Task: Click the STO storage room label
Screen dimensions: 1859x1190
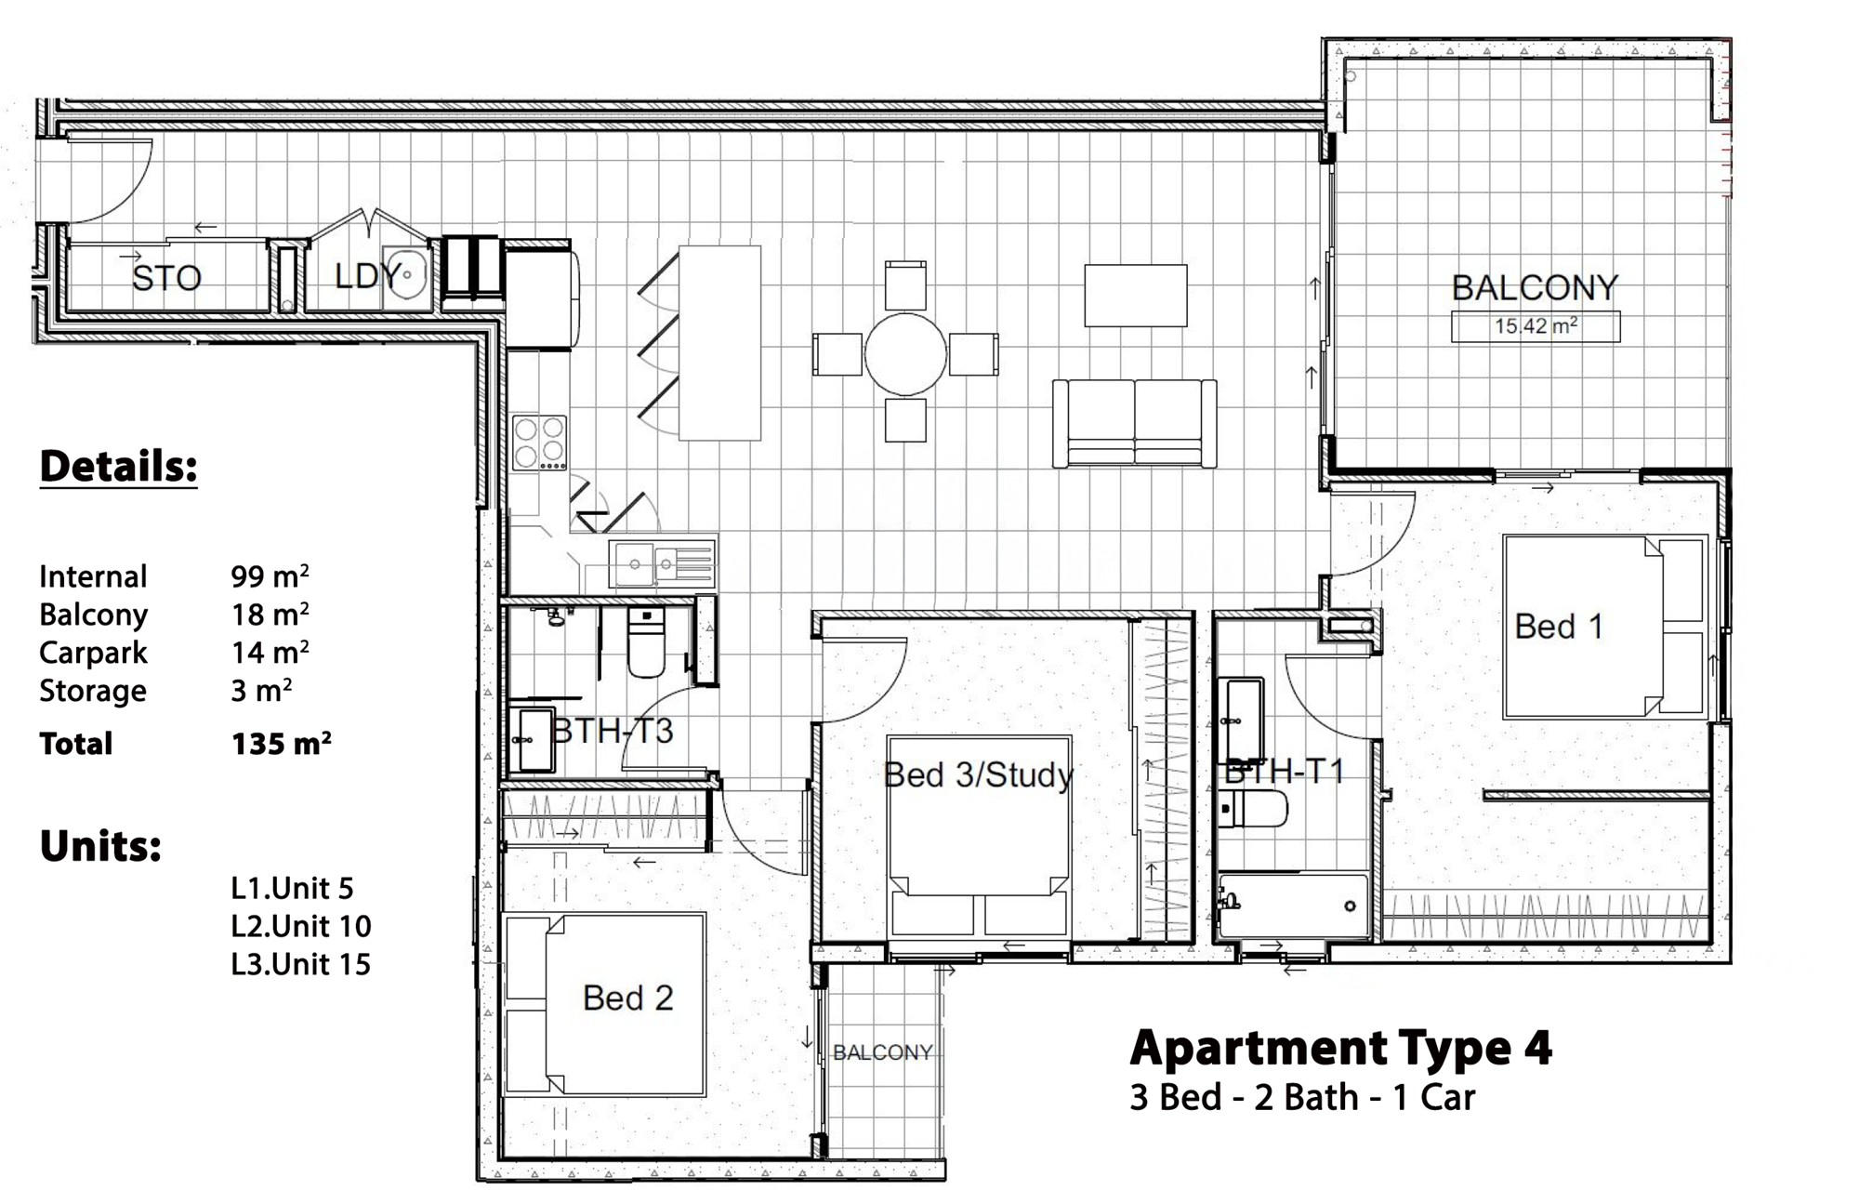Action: pyautogui.click(x=166, y=277)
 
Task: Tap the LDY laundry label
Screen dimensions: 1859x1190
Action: pyautogui.click(x=368, y=275)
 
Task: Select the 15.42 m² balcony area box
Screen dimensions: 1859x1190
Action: pyautogui.click(x=1536, y=326)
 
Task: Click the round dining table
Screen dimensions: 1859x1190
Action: pyautogui.click(x=905, y=354)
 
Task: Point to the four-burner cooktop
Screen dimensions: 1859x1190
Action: pyautogui.click(x=539, y=443)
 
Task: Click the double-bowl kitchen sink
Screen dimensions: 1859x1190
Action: pyautogui.click(x=662, y=563)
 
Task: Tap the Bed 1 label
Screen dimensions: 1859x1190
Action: pyautogui.click(x=1559, y=627)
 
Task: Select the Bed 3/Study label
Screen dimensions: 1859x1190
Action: pyautogui.click(x=978, y=774)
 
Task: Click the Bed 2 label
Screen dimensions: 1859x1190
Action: pyautogui.click(x=627, y=998)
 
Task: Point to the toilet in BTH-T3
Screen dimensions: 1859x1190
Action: pyautogui.click(x=647, y=642)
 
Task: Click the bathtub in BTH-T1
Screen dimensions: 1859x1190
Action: pyautogui.click(x=1294, y=906)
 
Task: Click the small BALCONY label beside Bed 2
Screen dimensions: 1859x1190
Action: pyautogui.click(x=882, y=1052)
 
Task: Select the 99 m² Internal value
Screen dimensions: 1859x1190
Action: pyautogui.click(x=270, y=576)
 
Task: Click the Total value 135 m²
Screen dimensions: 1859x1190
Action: pyautogui.click(x=281, y=744)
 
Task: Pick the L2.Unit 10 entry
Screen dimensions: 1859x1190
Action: pyautogui.click(x=301, y=926)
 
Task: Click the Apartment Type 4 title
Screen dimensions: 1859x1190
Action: pyautogui.click(x=1340, y=1048)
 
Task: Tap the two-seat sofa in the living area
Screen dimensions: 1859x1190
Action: pyautogui.click(x=1134, y=423)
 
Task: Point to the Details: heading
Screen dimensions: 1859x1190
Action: pyautogui.click(x=118, y=466)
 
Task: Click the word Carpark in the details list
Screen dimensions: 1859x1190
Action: pyautogui.click(x=93, y=653)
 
